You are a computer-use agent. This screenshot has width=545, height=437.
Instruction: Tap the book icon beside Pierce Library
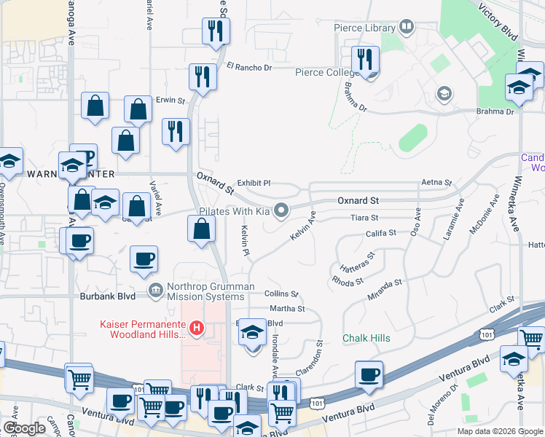point(406,28)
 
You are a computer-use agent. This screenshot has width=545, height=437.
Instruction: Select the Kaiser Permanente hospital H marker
point(196,328)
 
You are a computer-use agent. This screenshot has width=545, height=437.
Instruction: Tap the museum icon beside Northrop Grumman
point(155,291)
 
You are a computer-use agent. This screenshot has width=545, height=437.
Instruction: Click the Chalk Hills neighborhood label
point(366,338)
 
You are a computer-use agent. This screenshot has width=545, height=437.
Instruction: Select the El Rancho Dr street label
point(248,68)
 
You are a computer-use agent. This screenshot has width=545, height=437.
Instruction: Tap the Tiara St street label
point(365,218)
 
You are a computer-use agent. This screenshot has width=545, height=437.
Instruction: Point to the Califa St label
point(380,233)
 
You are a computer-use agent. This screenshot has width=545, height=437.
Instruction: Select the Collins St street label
point(281,294)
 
